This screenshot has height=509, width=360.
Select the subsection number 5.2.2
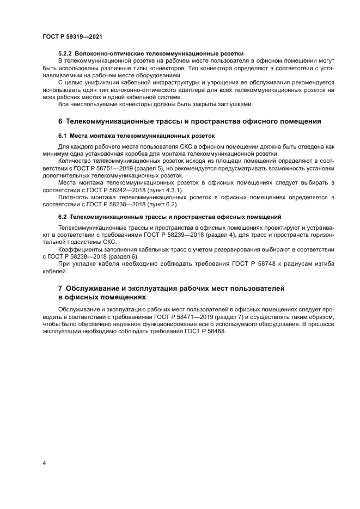(x=66, y=53)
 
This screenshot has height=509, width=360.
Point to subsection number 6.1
(x=63, y=136)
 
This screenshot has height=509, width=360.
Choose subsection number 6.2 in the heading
(x=63, y=217)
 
